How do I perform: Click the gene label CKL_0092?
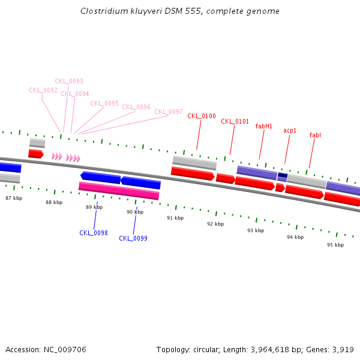43,90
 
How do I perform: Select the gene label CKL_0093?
69,81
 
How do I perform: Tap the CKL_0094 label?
75,94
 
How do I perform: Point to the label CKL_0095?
104,103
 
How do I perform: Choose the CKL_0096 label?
136,107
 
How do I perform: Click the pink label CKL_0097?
169,112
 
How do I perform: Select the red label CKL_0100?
202,116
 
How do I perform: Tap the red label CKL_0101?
235,121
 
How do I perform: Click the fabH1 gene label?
264,126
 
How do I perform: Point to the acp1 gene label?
290,130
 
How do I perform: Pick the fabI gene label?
315,135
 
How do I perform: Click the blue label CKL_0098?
94,233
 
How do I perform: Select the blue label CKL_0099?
133,238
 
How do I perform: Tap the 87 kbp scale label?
14,197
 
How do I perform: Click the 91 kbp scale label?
175,218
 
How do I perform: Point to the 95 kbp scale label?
335,245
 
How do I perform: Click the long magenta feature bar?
119,191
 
